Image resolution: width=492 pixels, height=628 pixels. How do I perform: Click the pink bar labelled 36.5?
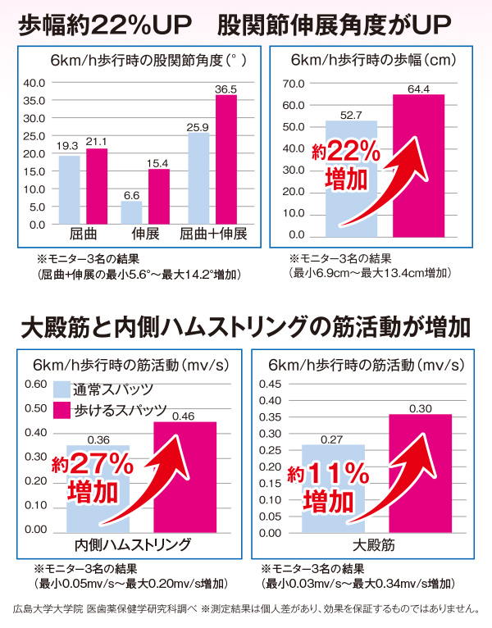pos(226,159)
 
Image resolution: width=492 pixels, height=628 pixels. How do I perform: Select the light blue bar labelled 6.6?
pos(131,212)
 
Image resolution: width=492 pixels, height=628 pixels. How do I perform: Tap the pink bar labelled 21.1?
pos(97,186)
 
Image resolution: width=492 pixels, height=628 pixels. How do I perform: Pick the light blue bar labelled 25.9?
pos(198,179)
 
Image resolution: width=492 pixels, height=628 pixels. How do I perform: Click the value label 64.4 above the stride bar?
pos(419,89)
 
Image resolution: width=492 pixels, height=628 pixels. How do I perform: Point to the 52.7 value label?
pos(351,116)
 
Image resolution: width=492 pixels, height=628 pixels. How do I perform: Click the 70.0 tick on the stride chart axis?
pos(294,84)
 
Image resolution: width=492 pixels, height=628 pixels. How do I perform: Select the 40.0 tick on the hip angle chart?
pos(34,83)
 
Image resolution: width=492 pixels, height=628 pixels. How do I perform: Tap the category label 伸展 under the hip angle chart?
pos(145,234)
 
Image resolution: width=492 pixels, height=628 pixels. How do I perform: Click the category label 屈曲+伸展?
pos(213,234)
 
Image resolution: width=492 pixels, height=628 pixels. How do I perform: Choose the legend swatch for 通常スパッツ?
pos(61,389)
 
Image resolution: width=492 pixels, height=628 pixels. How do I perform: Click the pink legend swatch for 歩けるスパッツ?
pos(61,411)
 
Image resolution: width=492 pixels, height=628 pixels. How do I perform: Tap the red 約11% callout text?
pos(328,474)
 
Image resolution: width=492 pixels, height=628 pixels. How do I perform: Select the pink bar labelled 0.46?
pos(185,477)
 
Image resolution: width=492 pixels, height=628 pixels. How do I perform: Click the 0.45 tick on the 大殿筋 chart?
pos(270,384)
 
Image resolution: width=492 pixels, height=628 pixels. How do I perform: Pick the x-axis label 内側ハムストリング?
pos(133,544)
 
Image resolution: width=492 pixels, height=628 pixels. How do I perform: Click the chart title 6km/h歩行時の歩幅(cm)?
pos(373,60)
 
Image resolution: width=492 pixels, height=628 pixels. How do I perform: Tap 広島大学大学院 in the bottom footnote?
pos(48,609)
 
